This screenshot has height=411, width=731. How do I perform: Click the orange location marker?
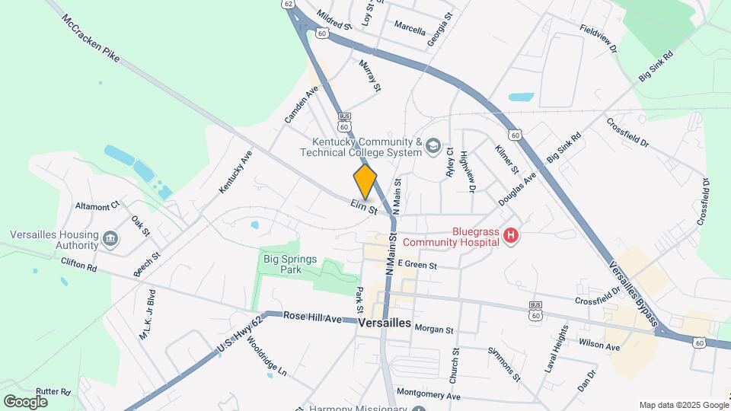(x=365, y=181)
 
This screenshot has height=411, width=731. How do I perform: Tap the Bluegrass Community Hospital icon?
(x=511, y=237)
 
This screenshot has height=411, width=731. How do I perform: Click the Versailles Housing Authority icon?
(x=111, y=240)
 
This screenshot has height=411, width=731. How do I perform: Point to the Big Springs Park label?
(x=289, y=264)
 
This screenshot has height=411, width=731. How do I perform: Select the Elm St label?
(x=364, y=206)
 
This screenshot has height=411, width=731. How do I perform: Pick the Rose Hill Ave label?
(x=313, y=316)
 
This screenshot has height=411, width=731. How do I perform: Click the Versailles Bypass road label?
(x=633, y=293)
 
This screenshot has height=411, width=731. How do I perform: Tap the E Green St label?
(x=416, y=266)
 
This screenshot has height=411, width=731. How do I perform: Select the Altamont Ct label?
(x=97, y=205)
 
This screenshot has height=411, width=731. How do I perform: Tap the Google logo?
(x=25, y=401)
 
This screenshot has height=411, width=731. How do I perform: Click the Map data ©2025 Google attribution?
(x=682, y=405)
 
